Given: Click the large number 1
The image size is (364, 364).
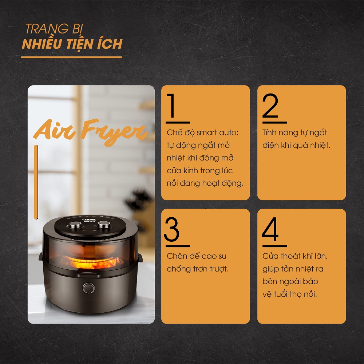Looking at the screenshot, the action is (x=172, y=106).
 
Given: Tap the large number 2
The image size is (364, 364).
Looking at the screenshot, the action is (x=270, y=106).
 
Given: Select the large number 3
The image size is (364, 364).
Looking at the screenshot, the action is (x=172, y=229).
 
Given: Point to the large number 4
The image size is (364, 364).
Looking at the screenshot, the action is (x=270, y=229).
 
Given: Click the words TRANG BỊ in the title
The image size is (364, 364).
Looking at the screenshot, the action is (x=54, y=29).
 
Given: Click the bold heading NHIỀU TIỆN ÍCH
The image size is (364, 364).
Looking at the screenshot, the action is (x=72, y=44).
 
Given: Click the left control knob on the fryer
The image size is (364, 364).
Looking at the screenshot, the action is (x=75, y=225).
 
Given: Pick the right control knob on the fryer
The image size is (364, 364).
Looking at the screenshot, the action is (x=104, y=224).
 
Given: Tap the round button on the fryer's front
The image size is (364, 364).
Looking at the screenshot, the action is (x=89, y=288).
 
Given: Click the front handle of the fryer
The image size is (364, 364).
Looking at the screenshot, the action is (x=89, y=273).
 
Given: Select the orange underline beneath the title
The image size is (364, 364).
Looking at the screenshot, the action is (x=71, y=57).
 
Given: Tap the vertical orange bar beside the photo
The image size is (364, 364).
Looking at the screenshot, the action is (x=36, y=182).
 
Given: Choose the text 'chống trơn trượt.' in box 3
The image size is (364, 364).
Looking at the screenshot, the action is (x=198, y=269).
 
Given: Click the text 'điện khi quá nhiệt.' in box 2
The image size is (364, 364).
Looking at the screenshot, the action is (x=296, y=145).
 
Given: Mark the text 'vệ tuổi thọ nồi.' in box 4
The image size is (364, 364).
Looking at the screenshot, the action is (x=290, y=294).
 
